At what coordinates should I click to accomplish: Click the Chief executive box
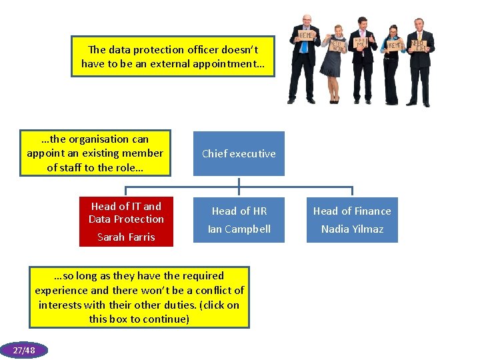(x=239, y=153)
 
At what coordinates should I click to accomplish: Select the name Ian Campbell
(x=239, y=229)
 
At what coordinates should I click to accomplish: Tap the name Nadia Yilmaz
(x=352, y=229)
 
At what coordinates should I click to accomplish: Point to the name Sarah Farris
(x=126, y=237)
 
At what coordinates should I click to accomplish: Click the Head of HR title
(x=239, y=211)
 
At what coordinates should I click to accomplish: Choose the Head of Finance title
(x=352, y=211)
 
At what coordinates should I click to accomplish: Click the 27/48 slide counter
(x=24, y=350)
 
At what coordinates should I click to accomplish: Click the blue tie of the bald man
(x=304, y=46)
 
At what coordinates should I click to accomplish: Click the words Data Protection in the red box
(x=126, y=219)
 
